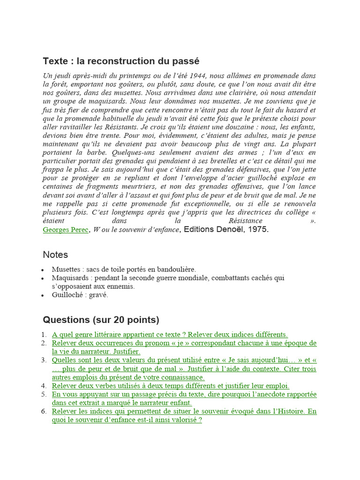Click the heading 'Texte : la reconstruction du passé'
(121, 61)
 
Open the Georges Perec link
(66, 230)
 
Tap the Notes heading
(55, 255)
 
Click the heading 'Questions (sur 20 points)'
(101, 320)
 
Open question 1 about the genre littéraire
(170, 335)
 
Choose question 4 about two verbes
(171, 386)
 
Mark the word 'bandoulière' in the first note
(175, 270)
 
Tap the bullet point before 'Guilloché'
(43, 295)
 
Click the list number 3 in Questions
(44, 360)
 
